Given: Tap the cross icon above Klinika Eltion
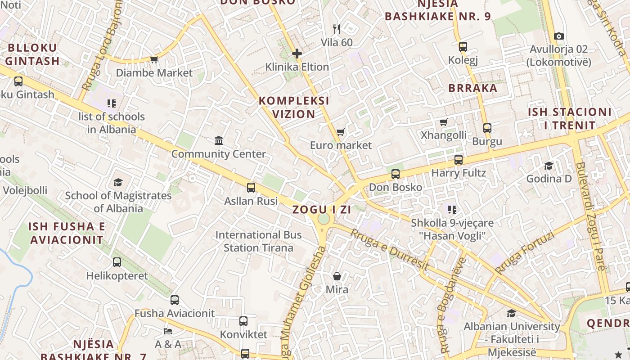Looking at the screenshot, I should click(297, 54).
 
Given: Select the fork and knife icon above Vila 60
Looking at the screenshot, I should click(337, 29).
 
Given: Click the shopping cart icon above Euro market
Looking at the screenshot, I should click(341, 132).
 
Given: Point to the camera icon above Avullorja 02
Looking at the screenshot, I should click(558, 36).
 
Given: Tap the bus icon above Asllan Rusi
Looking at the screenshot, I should click(251, 187).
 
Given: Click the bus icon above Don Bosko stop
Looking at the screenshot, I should click(396, 174).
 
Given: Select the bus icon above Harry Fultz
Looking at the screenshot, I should click(459, 159).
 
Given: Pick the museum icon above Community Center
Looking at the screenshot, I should click(219, 141).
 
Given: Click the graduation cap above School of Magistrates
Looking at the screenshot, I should click(118, 182).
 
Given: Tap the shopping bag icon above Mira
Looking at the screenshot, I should click(337, 276).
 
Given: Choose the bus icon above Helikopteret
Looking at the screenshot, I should click(117, 262).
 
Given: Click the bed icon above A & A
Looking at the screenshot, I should click(167, 331).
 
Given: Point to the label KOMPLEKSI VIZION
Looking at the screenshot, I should click(294, 107).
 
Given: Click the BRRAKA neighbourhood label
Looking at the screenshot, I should click(472, 88).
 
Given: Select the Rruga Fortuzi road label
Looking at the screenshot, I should click(524, 252).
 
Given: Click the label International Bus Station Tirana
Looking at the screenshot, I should click(258, 241).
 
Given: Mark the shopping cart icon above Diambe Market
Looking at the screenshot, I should click(154, 59).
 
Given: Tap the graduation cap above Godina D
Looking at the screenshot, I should click(549, 166).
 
